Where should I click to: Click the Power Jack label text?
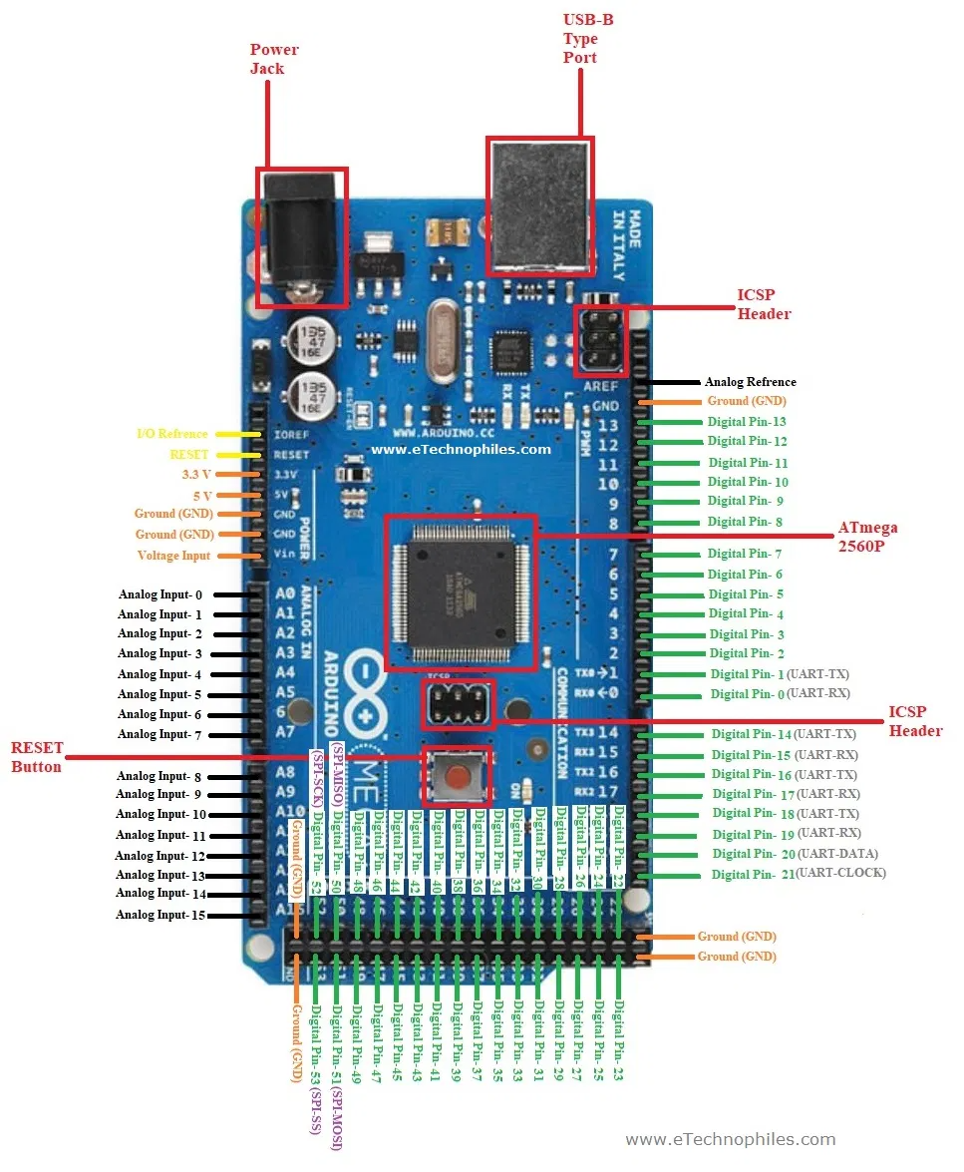[x=273, y=59]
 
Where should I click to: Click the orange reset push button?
[x=458, y=775]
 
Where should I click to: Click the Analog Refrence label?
[x=750, y=382]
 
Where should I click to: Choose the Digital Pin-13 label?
[x=747, y=422]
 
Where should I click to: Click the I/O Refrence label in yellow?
[x=171, y=434]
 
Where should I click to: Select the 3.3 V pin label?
[x=196, y=474]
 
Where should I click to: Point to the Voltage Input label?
[x=173, y=556]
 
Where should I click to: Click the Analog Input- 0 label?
[x=160, y=594]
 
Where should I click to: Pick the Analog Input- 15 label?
[x=160, y=915]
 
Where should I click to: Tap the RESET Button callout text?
[x=37, y=757]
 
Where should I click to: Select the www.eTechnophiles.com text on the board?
[x=461, y=449]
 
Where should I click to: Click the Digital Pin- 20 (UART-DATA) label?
[x=795, y=854]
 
